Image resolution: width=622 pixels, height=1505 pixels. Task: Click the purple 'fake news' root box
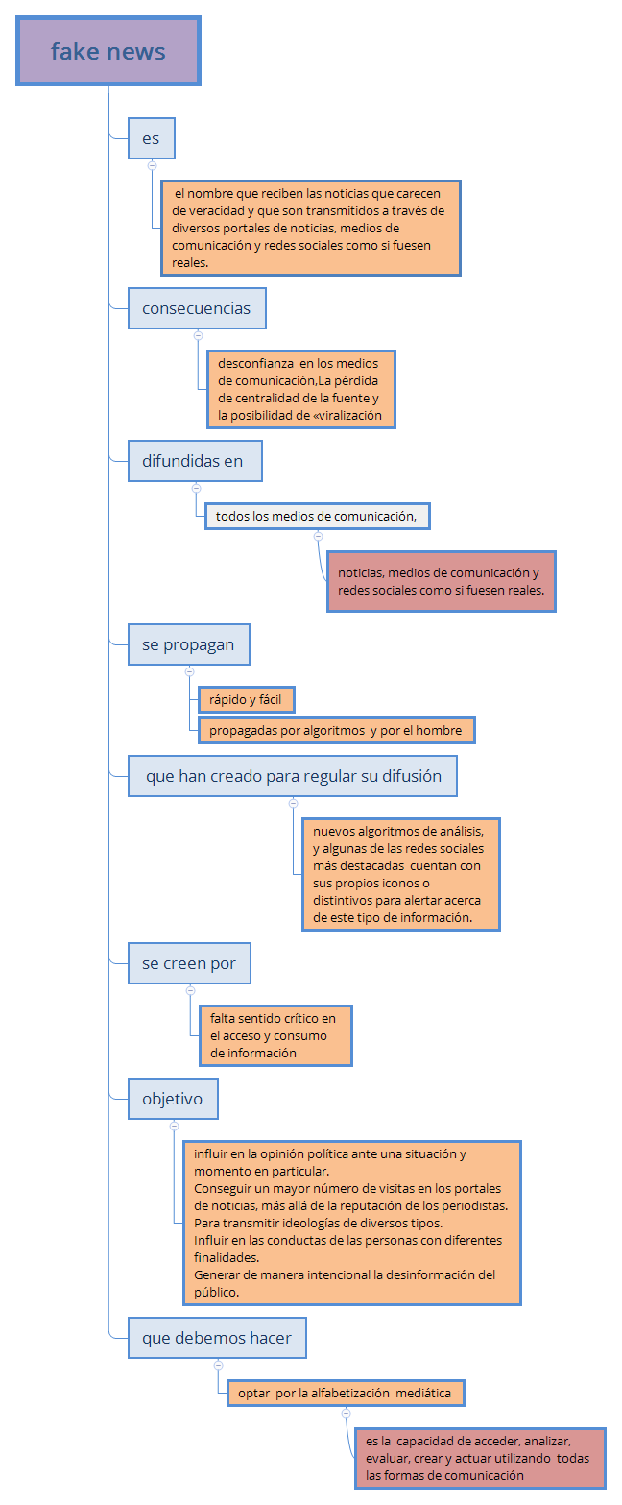108,51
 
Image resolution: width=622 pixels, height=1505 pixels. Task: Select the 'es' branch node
152,138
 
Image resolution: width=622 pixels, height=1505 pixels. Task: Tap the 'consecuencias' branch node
197,308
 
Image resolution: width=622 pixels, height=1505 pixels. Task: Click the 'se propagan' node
188,644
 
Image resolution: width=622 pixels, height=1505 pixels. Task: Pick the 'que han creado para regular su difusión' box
293,776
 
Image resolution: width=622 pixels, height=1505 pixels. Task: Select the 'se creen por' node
189,963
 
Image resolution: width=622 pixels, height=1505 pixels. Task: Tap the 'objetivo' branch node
173,1099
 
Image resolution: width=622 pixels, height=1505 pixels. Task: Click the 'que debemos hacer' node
217,1338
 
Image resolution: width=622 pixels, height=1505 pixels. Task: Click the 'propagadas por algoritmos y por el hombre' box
336,730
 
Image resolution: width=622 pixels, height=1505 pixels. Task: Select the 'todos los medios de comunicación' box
317,516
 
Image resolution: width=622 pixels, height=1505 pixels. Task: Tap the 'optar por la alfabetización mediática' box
346,1393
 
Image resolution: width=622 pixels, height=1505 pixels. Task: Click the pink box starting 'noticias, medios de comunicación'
442,581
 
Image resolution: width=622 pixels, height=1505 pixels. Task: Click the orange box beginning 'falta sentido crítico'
275,1034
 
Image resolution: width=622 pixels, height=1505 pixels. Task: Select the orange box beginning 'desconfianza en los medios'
300,389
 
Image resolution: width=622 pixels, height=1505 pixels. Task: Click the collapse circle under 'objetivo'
174,1126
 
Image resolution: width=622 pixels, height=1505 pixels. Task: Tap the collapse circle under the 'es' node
152,165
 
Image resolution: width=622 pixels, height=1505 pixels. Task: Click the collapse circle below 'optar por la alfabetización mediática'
346,1413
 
